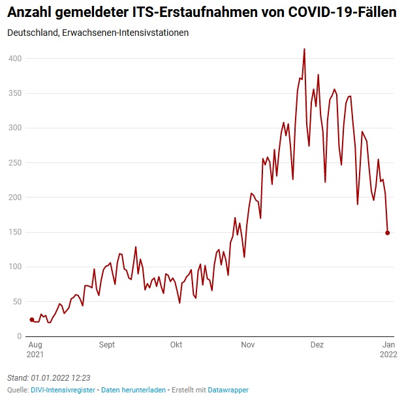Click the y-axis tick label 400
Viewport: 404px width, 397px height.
pyautogui.click(x=15, y=59)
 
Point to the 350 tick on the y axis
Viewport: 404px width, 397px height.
pyautogui.click(x=15, y=93)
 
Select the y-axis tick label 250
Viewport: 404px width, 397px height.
pyautogui.click(x=15, y=162)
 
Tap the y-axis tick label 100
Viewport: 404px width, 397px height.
pyautogui.click(x=15, y=267)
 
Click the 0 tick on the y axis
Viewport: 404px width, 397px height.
pyautogui.click(x=20, y=336)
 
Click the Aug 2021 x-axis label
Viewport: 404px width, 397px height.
pyautogui.click(x=35, y=349)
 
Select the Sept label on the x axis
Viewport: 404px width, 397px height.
pyautogui.click(x=107, y=345)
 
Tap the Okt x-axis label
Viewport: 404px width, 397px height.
pyautogui.click(x=176, y=345)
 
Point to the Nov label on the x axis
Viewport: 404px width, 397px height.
pyautogui.click(x=247, y=345)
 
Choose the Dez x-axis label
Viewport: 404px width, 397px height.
pyautogui.click(x=317, y=345)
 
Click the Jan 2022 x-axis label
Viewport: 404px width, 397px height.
pyautogui.click(x=388, y=349)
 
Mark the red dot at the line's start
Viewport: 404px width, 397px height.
pyautogui.click(x=31, y=319)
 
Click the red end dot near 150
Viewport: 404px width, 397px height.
pyautogui.click(x=388, y=233)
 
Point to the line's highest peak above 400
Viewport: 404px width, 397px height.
pyautogui.click(x=304, y=49)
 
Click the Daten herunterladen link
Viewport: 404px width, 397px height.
pyautogui.click(x=133, y=390)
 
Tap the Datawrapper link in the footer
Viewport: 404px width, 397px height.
pyautogui.click(x=228, y=390)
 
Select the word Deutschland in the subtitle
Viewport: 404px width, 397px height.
pyautogui.click(x=29, y=33)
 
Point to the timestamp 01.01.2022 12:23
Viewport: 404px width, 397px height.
pyautogui.click(x=60, y=377)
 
